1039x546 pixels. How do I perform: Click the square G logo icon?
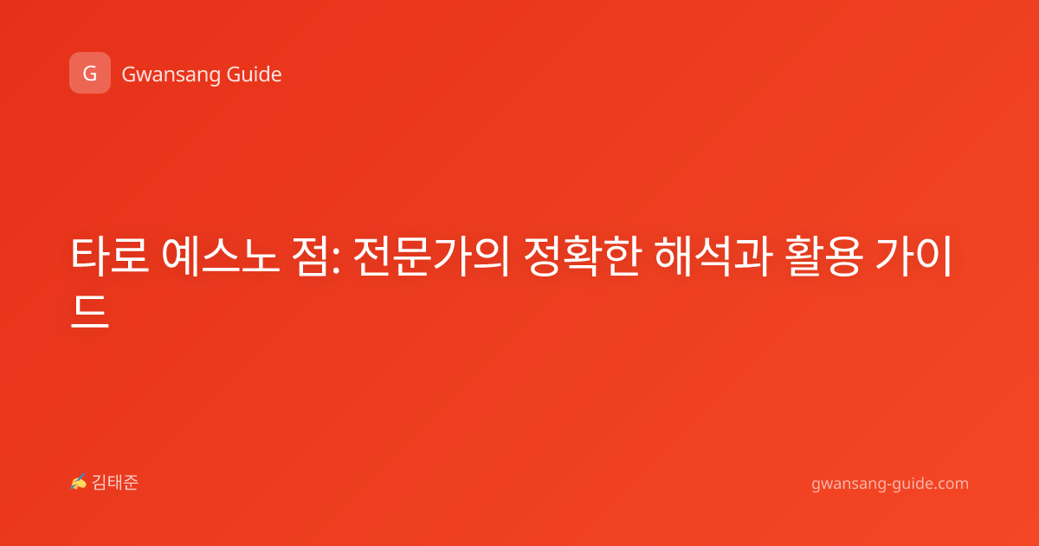90,73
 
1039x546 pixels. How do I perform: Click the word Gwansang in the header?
171,75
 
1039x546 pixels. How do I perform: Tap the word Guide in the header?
255,74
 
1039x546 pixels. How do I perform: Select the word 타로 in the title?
109,256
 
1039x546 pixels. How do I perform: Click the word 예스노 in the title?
220,256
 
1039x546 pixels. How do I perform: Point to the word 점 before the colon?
310,256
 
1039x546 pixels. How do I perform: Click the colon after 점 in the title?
336,261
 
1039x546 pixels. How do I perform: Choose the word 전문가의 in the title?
431,256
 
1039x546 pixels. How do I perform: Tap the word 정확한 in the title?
583,256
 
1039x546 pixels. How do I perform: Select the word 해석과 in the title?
713,256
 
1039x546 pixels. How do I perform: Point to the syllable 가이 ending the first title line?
913,256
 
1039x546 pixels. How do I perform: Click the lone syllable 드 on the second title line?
89,311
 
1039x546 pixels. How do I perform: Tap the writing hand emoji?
79,482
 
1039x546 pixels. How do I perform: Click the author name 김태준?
115,483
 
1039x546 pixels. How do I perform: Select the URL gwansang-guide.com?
890,484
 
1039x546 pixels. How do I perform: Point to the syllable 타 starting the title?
89,256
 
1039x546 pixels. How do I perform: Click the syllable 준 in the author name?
131,483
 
